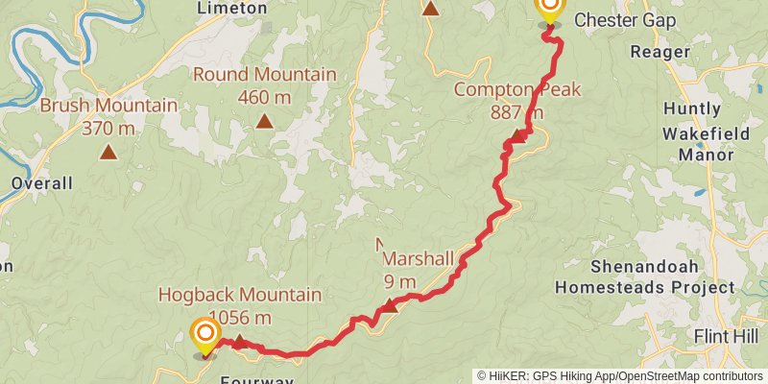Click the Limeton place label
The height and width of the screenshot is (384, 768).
click(231, 8)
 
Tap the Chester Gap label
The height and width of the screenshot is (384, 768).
click(624, 20)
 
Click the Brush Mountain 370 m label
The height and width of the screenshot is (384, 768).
click(108, 116)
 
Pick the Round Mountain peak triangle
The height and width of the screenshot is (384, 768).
click(264, 122)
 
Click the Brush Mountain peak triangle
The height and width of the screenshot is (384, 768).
click(108, 152)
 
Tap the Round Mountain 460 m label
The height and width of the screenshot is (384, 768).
click(264, 84)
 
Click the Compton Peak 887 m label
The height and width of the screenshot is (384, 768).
click(505, 100)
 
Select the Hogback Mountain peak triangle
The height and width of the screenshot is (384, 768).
click(239, 342)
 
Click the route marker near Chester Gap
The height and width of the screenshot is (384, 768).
click(549, 10)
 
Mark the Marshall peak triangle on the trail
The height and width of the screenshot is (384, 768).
click(390, 306)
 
